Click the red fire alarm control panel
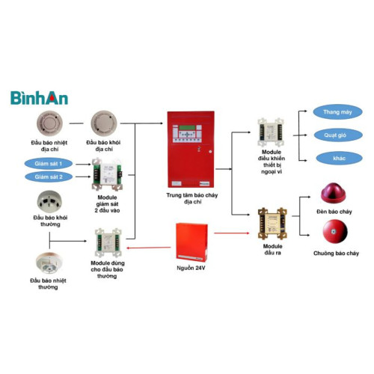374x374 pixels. tap(190, 149)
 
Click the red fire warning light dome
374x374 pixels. tap(334, 194)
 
